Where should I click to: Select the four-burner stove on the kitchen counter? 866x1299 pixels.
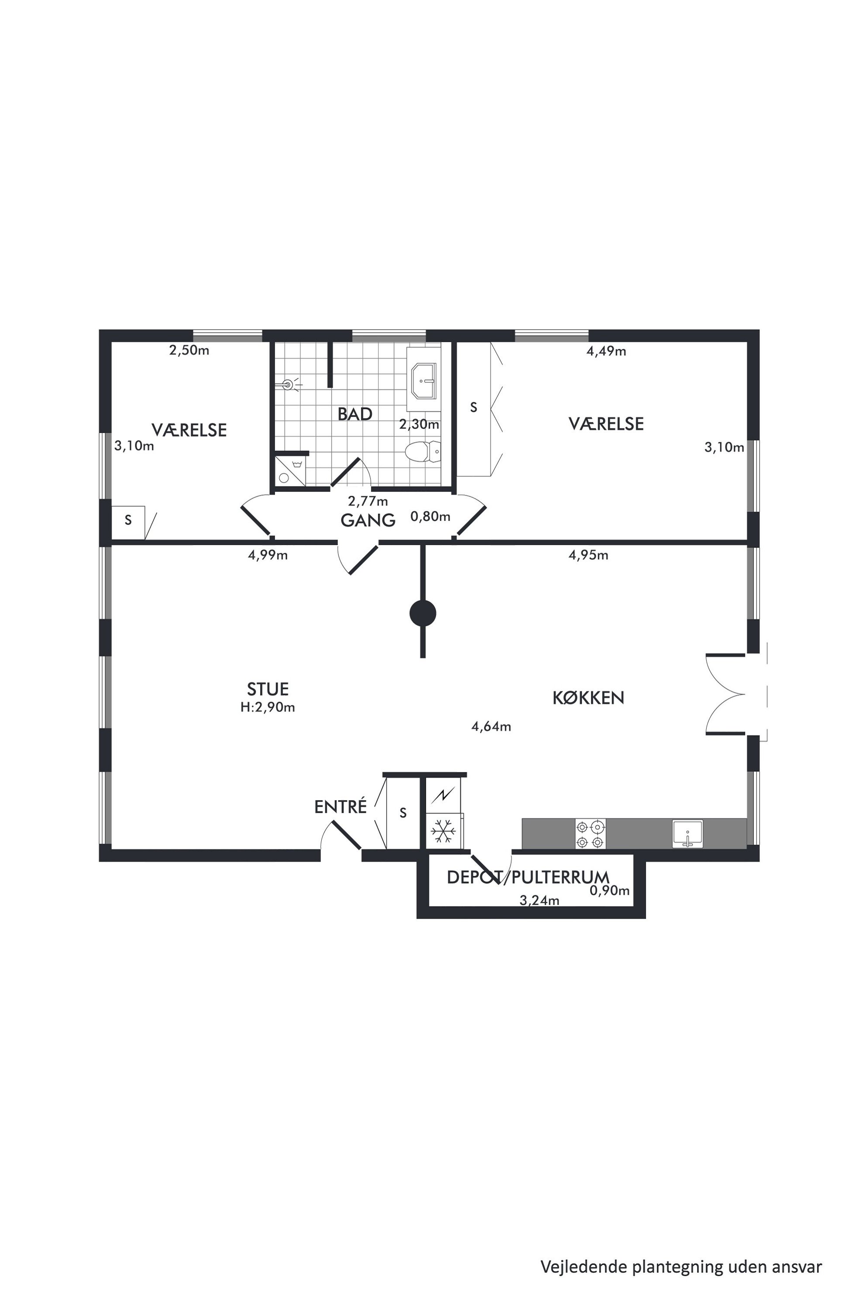pyautogui.click(x=591, y=834)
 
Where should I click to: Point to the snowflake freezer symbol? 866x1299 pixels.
pyautogui.click(x=443, y=831)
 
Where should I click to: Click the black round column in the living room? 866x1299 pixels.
pyautogui.click(x=423, y=614)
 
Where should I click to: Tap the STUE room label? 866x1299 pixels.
pyautogui.click(x=268, y=689)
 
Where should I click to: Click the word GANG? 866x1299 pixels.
pyautogui.click(x=368, y=520)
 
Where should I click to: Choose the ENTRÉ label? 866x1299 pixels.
pyautogui.click(x=340, y=807)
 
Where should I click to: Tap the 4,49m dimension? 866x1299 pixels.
pyautogui.click(x=606, y=351)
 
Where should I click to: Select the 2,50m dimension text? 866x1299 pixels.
pyautogui.click(x=189, y=350)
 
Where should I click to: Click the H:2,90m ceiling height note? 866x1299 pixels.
pyautogui.click(x=268, y=708)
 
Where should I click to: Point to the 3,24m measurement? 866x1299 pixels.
pyautogui.click(x=540, y=901)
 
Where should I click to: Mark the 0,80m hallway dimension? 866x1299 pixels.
pyautogui.click(x=430, y=516)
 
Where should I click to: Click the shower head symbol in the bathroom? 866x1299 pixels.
pyautogui.click(x=289, y=385)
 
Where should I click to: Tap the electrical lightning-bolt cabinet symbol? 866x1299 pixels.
pyautogui.click(x=443, y=796)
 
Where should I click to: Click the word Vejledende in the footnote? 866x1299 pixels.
pyautogui.click(x=584, y=1251)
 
